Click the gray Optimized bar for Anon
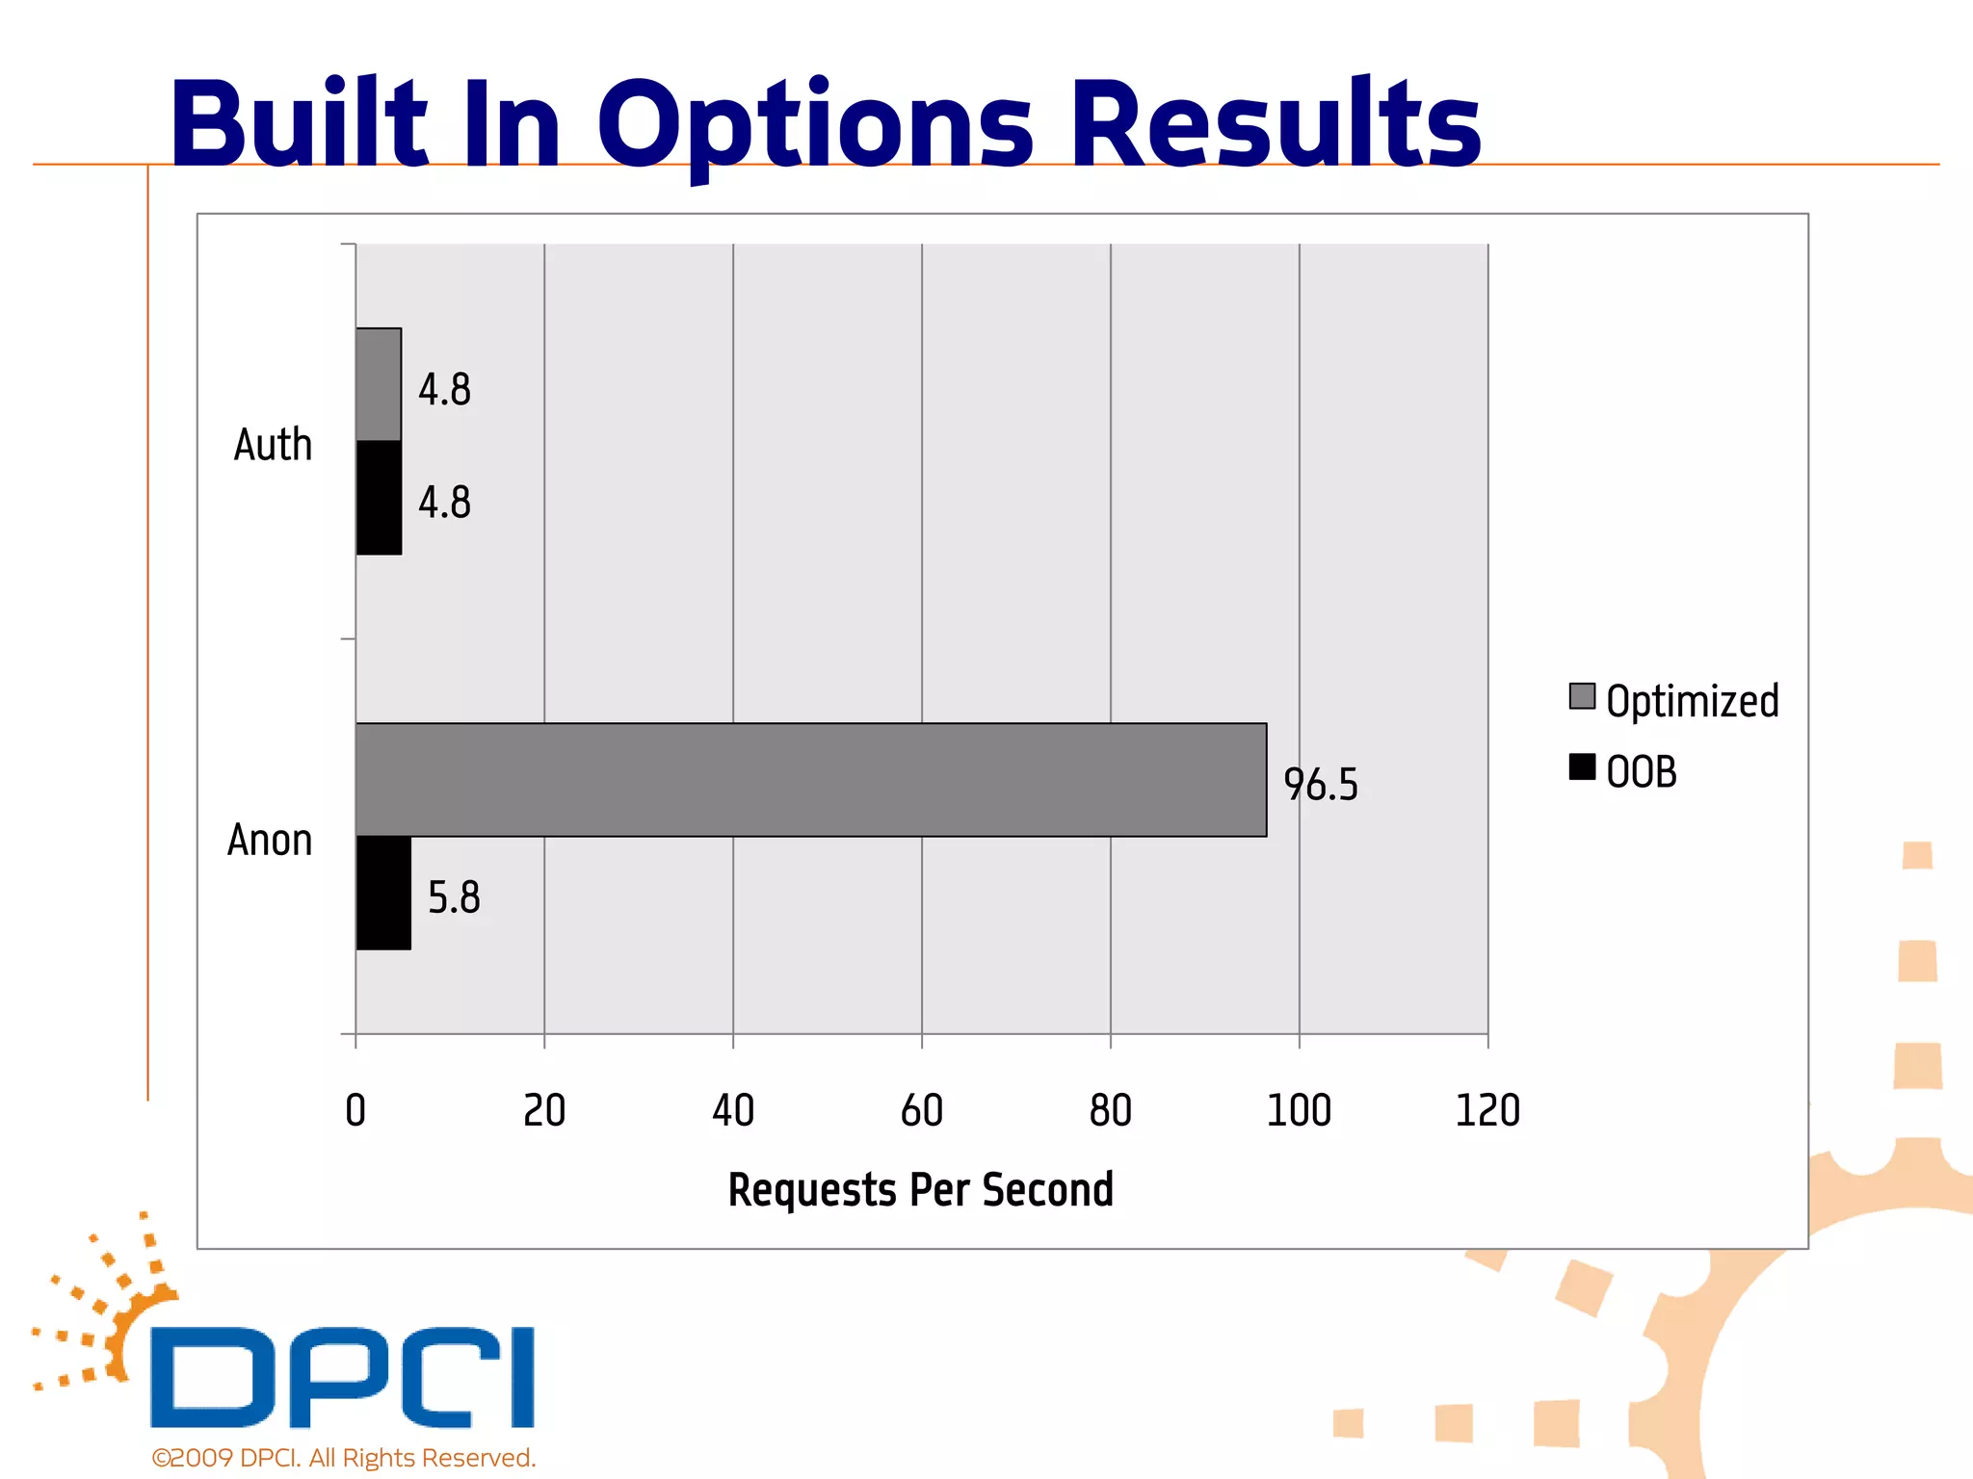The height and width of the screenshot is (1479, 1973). [810, 780]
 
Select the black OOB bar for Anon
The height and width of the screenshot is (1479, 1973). [383, 893]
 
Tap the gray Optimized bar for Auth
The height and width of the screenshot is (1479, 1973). [379, 385]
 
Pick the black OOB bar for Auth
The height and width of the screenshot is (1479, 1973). [379, 498]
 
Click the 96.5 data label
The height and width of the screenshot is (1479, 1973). [1320, 785]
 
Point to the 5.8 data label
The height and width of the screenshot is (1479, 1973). [454, 897]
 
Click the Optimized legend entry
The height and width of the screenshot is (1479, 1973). [1674, 700]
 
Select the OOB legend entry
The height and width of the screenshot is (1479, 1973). [1624, 771]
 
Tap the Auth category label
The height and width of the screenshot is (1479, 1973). [274, 445]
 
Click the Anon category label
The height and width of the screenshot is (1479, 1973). [270, 840]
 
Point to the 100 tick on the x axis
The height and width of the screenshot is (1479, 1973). [1298, 1110]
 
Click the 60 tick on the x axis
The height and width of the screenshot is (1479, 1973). [921, 1110]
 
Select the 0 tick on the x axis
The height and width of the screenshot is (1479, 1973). [355, 1110]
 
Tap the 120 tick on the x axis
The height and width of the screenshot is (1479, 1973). [1486, 1110]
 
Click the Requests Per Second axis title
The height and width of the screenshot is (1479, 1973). [920, 1189]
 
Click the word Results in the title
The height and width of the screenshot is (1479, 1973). [1276, 123]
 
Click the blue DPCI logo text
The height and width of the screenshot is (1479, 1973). [342, 1377]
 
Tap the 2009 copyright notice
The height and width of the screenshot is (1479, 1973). [343, 1458]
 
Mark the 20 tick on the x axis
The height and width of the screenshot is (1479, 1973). [544, 1110]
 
